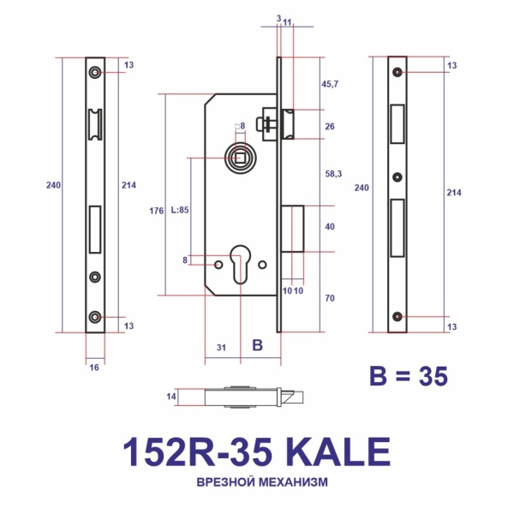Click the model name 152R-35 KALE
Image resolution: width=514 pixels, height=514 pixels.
(256, 451)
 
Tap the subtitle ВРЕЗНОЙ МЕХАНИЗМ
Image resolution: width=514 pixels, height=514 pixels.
(256, 482)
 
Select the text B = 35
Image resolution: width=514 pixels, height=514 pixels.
(408, 375)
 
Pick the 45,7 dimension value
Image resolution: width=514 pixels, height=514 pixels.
(330, 84)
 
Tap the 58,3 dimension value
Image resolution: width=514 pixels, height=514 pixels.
(330, 174)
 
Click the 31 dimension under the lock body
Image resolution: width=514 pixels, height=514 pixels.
(220, 347)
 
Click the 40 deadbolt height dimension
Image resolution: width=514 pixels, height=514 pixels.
(330, 228)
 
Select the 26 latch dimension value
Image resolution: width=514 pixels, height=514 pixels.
(330, 126)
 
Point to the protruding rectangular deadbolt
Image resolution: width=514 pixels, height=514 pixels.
(292, 229)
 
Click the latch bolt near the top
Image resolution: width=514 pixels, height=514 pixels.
(287, 122)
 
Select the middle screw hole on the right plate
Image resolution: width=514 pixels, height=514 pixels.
(397, 177)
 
